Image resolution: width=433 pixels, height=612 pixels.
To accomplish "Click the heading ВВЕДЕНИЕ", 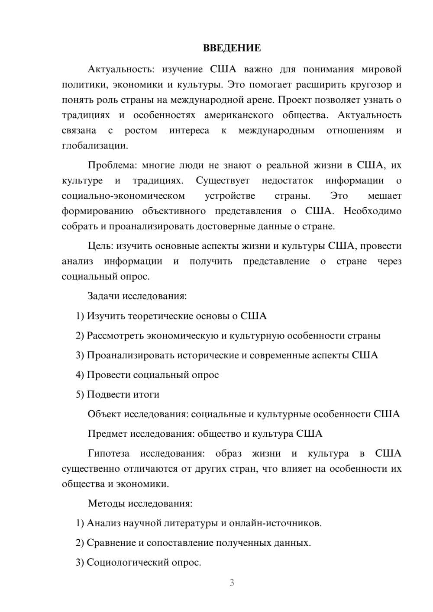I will pos(232,48).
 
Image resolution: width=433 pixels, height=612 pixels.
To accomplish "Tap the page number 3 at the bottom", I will pos(232,583).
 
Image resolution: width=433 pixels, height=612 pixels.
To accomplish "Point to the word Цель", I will pos(100,246).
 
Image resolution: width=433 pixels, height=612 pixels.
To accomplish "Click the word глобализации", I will pos(95,146).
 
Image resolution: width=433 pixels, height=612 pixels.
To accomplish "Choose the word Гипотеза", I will pos(108,454).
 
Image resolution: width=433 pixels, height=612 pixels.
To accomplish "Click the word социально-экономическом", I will pos(123,196).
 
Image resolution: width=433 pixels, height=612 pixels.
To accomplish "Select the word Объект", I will pos(104,414).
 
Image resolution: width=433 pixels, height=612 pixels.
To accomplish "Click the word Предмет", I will pos(107,434).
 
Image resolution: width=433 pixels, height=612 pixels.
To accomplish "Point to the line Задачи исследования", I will pos(137,296).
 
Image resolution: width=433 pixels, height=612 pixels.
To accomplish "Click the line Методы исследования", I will pos(140,503).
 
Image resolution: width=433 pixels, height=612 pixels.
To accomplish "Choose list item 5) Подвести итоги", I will pos(117,395).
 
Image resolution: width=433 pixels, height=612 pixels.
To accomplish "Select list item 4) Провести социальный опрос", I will pos(147,375).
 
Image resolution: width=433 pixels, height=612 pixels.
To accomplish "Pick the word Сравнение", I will pos(111,543).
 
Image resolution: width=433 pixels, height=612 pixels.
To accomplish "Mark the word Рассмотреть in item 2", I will pos(115,336).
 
